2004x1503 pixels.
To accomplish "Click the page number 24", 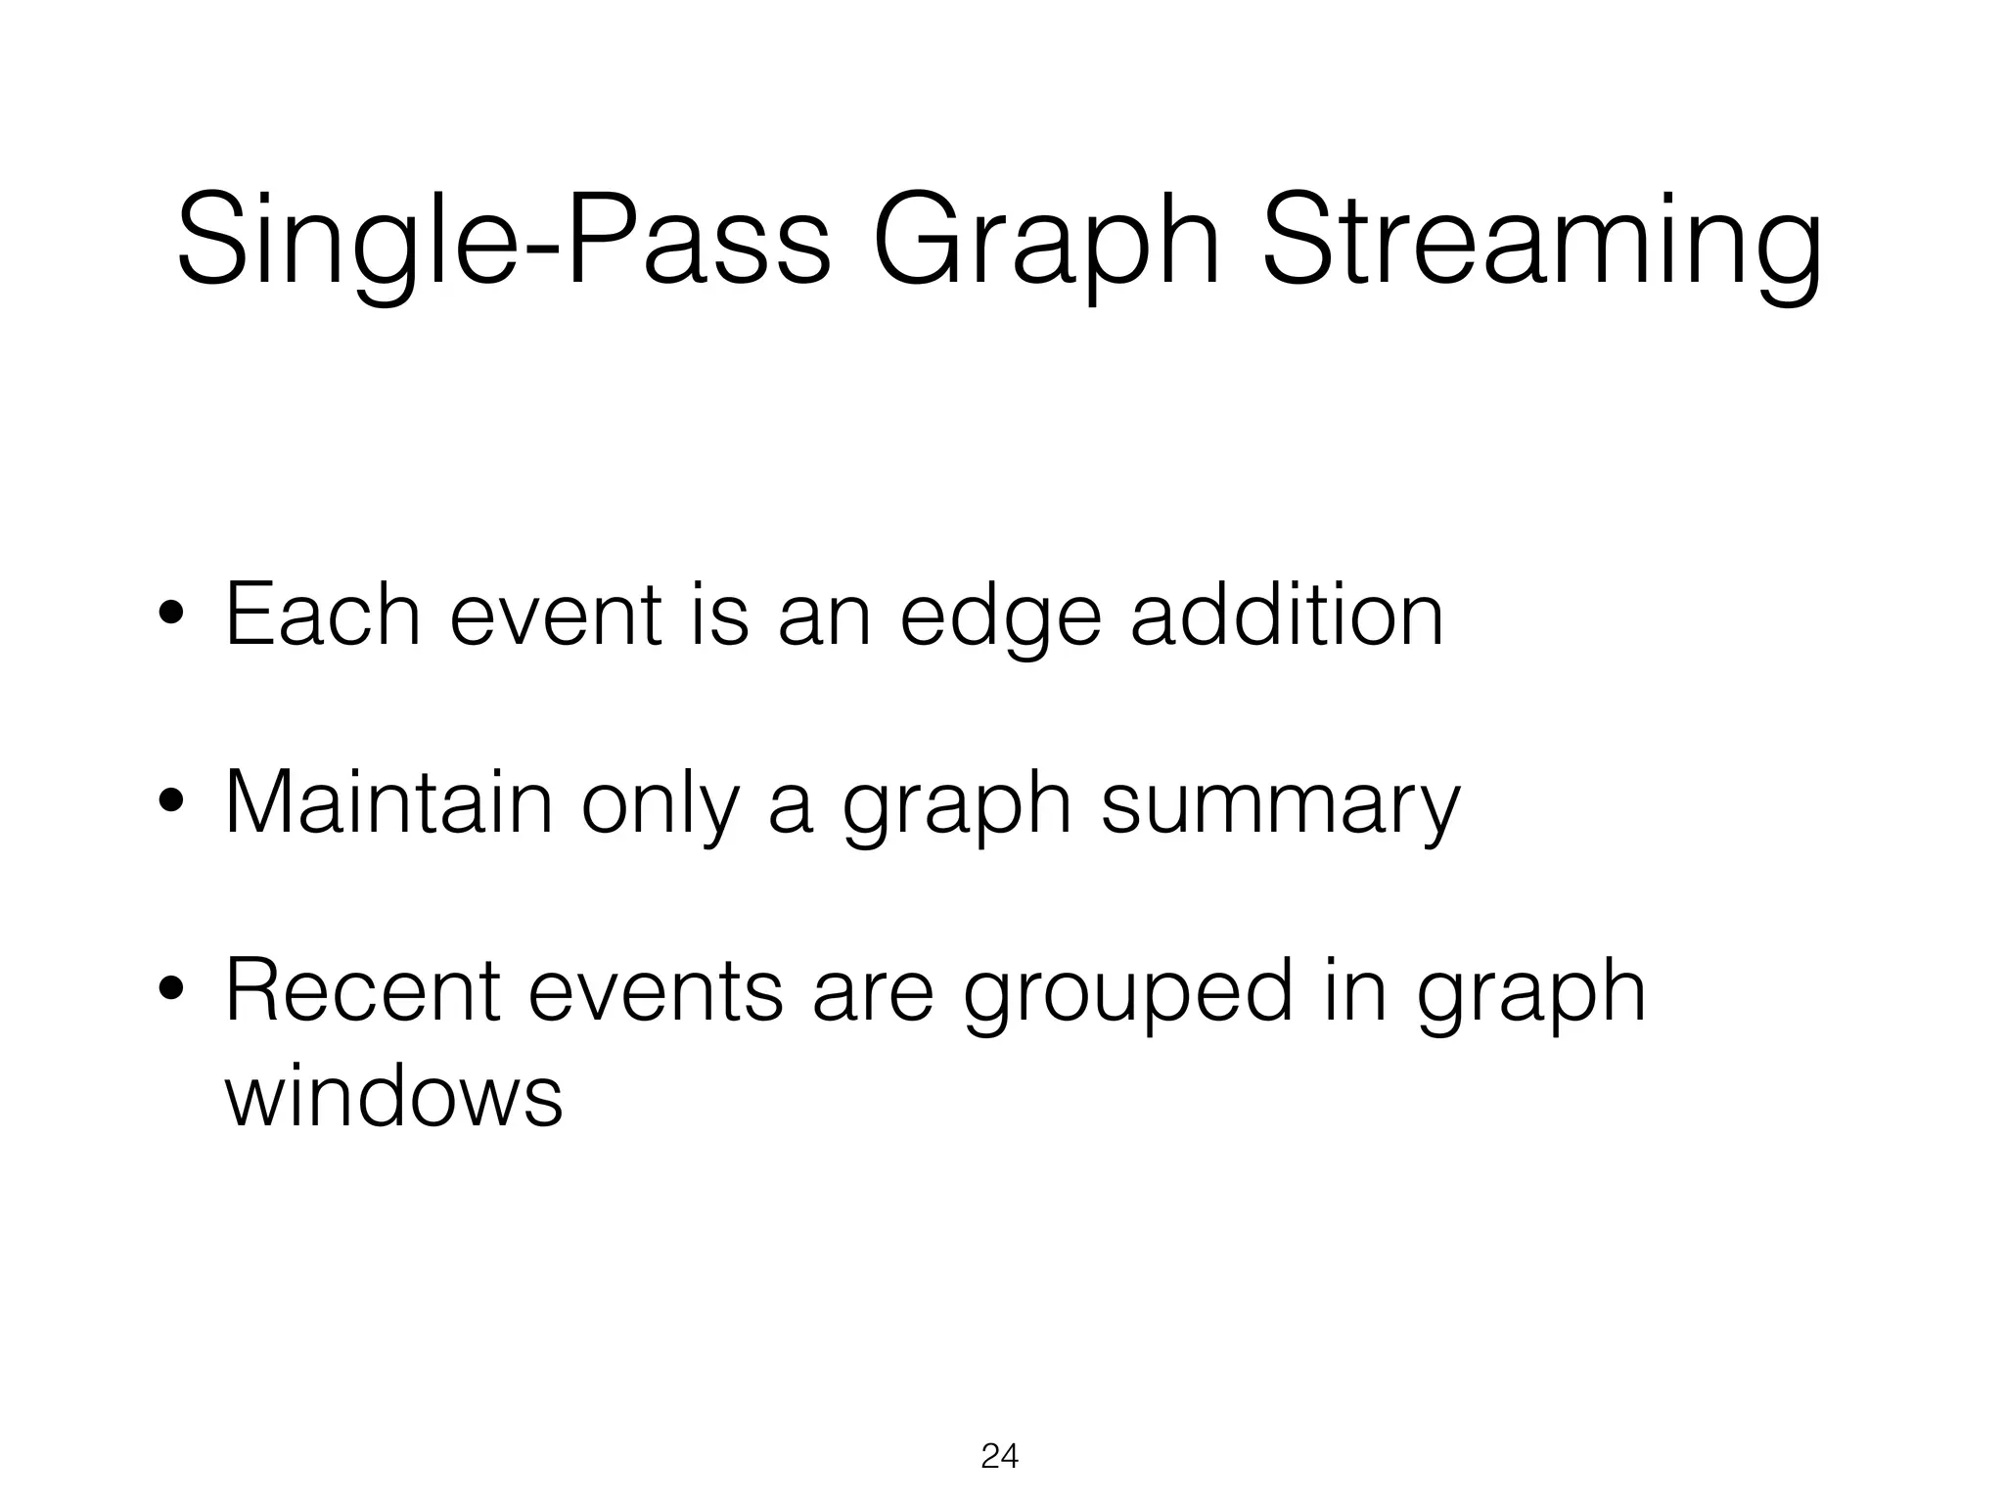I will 999,1457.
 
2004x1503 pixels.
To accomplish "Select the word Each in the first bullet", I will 323,615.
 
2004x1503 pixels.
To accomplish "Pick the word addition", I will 1287,615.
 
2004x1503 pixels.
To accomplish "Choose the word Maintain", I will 388,802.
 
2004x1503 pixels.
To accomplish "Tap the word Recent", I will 363,990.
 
